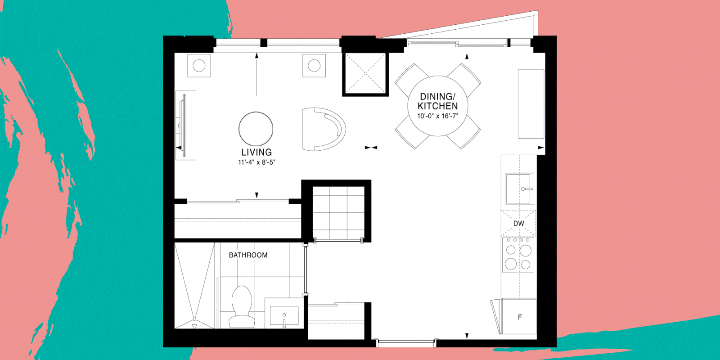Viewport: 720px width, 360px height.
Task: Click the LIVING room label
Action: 256,152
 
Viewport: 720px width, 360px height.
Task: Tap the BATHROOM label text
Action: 248,255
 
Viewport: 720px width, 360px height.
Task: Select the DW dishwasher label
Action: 518,223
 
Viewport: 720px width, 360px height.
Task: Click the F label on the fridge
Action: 520,317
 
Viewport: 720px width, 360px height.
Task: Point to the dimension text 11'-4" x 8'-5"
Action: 256,162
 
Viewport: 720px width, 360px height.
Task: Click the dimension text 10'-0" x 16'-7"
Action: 437,116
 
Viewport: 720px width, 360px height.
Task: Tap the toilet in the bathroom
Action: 242,306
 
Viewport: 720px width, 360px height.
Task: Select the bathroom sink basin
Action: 284,315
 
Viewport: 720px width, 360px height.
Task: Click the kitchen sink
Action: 519,189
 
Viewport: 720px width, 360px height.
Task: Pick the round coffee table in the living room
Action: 256,129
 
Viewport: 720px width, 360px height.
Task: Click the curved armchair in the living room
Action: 324,129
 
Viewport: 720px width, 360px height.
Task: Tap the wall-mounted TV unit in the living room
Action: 185,126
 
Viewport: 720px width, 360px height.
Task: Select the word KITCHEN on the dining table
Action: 437,106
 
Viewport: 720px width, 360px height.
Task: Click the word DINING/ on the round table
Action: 437,96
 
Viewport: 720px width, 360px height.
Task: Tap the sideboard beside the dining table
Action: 531,104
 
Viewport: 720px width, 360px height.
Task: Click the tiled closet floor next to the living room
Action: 338,212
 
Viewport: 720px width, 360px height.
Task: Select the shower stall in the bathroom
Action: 194,285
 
